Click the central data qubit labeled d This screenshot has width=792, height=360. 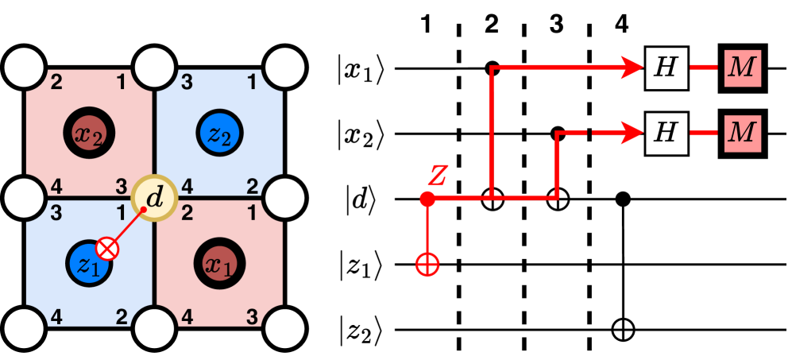coord(153,197)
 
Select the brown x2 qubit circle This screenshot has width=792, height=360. coord(89,130)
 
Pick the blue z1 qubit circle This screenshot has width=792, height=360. coord(89,263)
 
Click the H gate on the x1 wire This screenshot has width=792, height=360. coord(666,68)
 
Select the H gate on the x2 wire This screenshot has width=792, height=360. coord(666,133)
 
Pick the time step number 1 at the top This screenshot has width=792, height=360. coord(427,25)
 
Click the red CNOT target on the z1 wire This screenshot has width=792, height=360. coord(427,265)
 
